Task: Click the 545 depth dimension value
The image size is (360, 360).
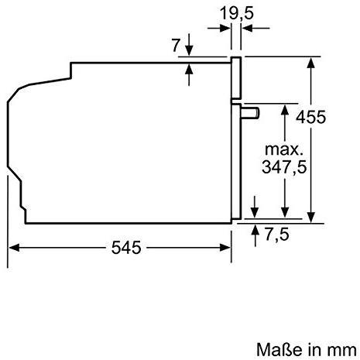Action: [125, 248]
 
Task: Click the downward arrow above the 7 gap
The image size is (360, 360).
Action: [190, 52]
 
